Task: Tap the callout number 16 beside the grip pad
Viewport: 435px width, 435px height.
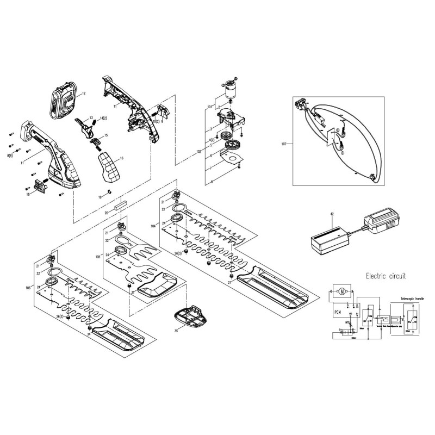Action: pyautogui.click(x=122, y=158)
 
